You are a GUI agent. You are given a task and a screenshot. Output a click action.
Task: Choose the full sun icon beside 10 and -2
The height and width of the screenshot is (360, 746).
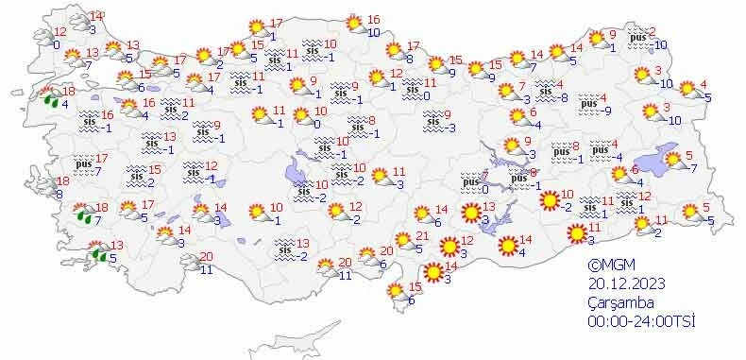(x=547, y=200)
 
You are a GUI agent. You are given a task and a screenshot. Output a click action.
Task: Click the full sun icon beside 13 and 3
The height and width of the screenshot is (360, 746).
(x=469, y=213)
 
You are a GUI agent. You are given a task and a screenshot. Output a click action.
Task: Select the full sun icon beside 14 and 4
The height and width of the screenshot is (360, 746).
(x=508, y=246)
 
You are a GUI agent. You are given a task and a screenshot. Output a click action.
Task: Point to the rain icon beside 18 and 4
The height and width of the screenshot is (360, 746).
(x=47, y=96)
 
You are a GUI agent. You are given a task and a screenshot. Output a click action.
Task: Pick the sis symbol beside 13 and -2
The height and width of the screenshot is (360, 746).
(x=284, y=249)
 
